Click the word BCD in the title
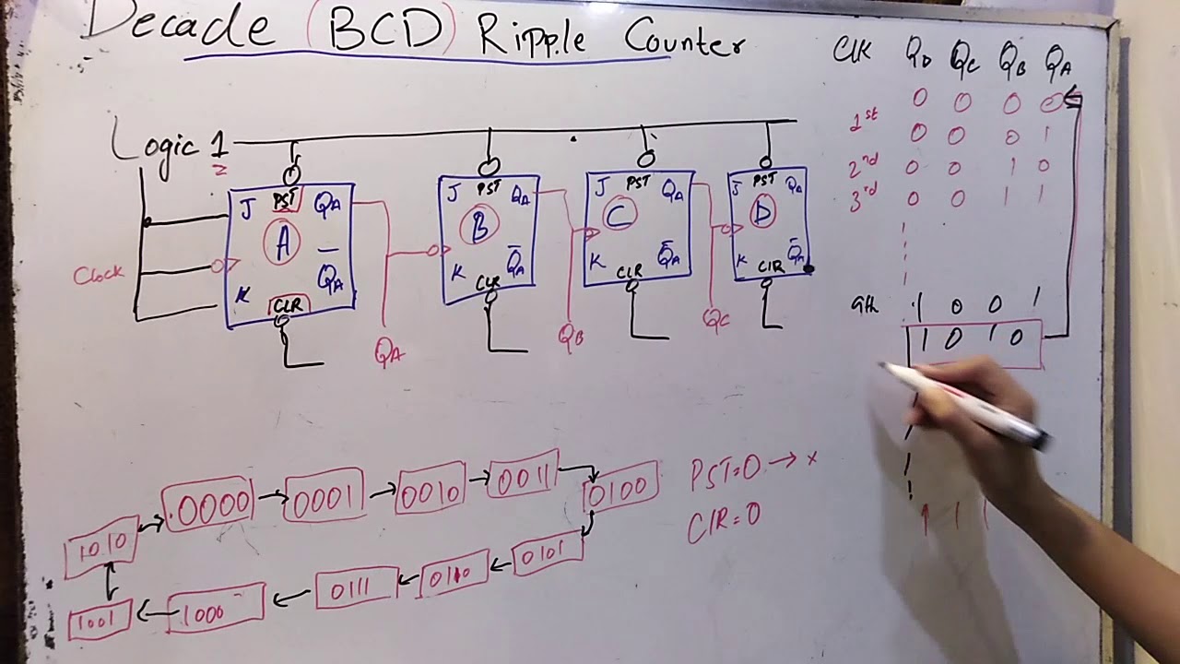[381, 30]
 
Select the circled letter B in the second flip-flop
[479, 227]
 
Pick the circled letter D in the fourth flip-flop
[761, 213]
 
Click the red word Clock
[99, 275]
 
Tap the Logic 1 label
[169, 145]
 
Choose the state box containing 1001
[99, 621]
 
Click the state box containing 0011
[524, 479]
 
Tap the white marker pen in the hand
[968, 404]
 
